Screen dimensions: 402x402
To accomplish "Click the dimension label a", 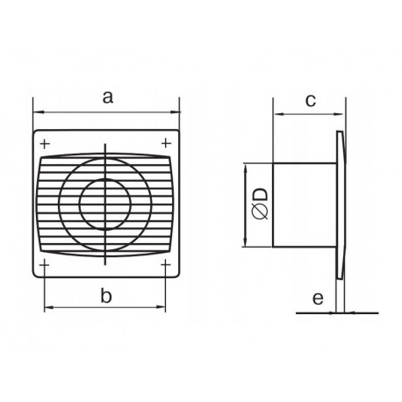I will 106,97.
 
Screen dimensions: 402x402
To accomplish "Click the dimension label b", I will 106,296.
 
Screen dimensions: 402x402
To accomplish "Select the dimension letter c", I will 311,100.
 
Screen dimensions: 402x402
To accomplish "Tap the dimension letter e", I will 318,300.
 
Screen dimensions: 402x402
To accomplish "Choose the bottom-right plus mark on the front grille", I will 166,263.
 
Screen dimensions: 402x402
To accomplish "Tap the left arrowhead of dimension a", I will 37,111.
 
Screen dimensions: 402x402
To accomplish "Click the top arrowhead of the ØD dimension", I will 245,167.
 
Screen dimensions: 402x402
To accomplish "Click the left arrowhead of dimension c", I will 276,113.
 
